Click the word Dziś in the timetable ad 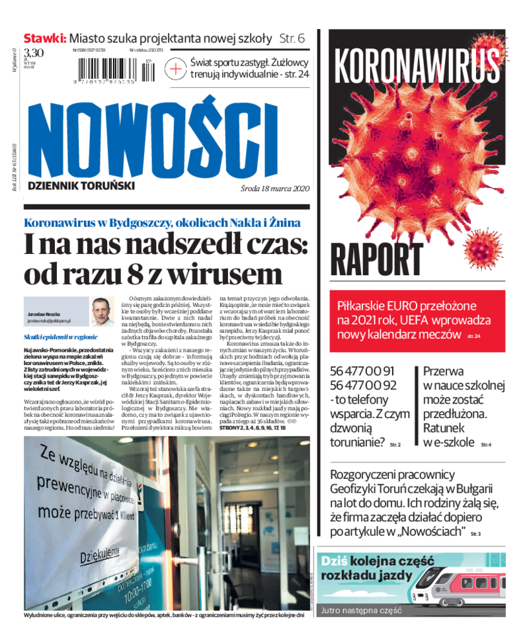tap(335, 561)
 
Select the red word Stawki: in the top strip tap(45, 38)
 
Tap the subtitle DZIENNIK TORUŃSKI tap(81, 186)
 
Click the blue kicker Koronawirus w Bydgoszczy tap(162, 222)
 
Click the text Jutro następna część tap(361, 611)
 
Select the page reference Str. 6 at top tap(291, 38)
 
